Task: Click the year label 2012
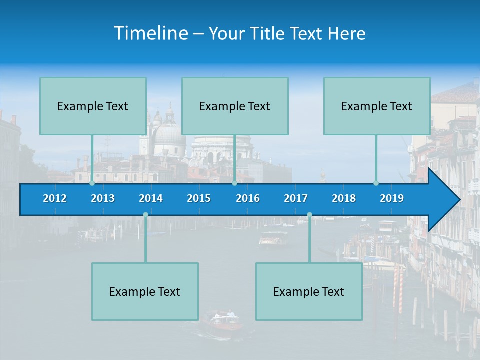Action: (x=55, y=198)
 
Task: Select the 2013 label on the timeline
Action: (x=103, y=198)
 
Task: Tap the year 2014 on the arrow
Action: (x=151, y=198)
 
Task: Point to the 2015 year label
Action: (x=199, y=198)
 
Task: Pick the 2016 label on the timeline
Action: (x=248, y=198)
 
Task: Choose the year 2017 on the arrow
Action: (x=296, y=198)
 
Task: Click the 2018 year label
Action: (x=344, y=198)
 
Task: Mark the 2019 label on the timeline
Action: (x=392, y=198)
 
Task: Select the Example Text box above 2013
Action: (x=93, y=106)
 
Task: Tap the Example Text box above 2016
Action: (x=235, y=106)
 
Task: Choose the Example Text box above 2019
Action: (x=377, y=106)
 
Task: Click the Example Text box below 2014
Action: (x=145, y=291)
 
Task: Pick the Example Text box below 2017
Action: (x=309, y=291)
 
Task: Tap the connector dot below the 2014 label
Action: (x=145, y=214)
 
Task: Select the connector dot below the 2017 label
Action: (x=309, y=214)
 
